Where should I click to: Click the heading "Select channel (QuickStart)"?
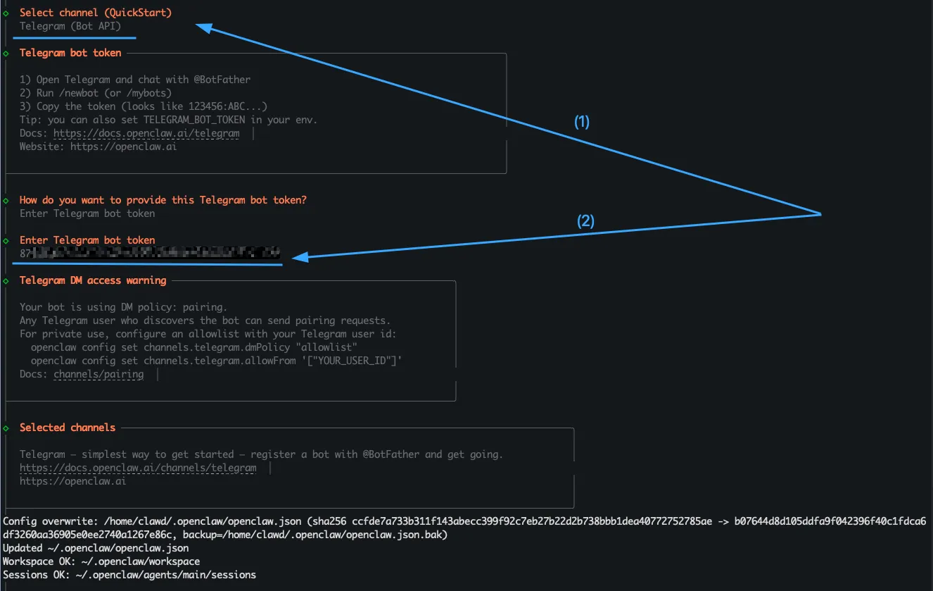pos(95,13)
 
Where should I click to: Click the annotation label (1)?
pos(582,122)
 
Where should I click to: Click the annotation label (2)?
pos(585,221)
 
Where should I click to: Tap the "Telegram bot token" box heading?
pos(70,53)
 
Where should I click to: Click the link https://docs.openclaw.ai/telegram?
pos(146,133)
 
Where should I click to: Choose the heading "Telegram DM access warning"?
pos(93,280)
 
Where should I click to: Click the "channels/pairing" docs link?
pos(99,375)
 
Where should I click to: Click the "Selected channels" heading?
pos(68,428)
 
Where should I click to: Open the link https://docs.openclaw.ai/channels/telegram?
pos(138,468)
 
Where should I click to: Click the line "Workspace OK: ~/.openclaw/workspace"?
pos(101,561)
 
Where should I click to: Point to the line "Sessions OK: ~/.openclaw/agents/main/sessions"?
pos(129,575)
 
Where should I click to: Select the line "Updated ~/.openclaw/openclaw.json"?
pos(96,548)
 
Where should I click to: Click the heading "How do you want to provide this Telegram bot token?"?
pos(163,200)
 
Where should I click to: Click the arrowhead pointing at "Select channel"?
pos(203,27)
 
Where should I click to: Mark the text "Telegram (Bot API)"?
pos(70,27)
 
